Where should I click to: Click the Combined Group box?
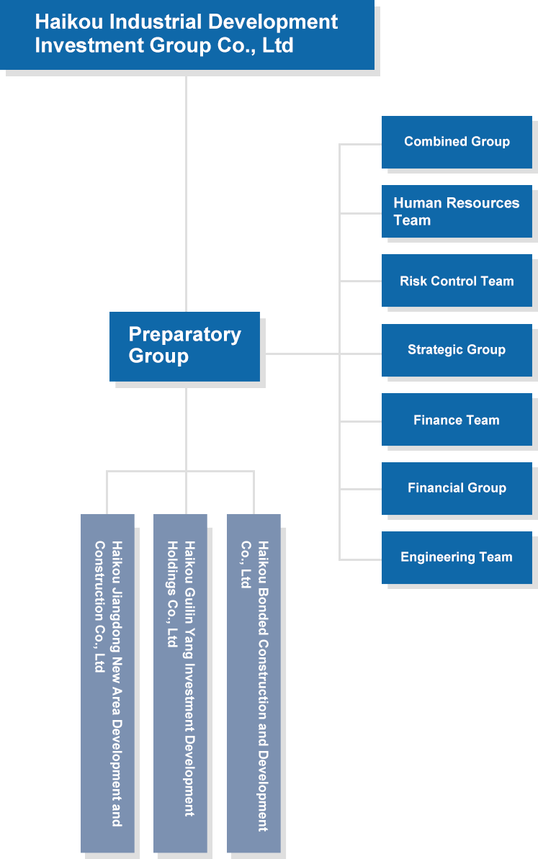(x=456, y=142)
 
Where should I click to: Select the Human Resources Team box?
(x=456, y=212)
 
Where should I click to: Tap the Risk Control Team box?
(x=456, y=281)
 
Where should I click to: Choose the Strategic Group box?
(x=456, y=350)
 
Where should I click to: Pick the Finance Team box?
(x=456, y=420)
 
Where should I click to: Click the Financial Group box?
(x=456, y=488)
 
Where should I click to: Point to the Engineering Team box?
(x=456, y=557)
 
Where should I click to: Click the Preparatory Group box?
(x=184, y=346)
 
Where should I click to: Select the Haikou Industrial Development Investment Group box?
(x=189, y=35)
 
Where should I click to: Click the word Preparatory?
(x=184, y=335)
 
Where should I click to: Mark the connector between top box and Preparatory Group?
(x=186, y=191)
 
